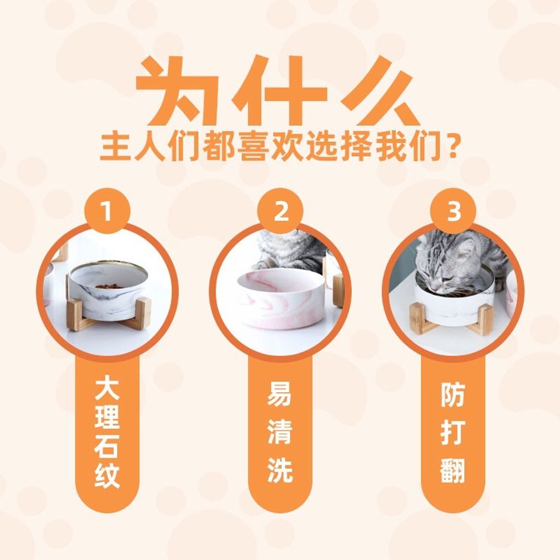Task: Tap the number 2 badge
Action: [x=281, y=211]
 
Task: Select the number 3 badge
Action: [x=453, y=211]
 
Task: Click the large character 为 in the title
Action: [x=178, y=91]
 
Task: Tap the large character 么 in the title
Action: [x=381, y=91]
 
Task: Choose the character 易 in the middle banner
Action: [x=281, y=394]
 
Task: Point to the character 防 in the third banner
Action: [x=453, y=395]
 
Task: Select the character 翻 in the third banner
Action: [x=453, y=471]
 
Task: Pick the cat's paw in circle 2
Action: [x=262, y=265]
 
